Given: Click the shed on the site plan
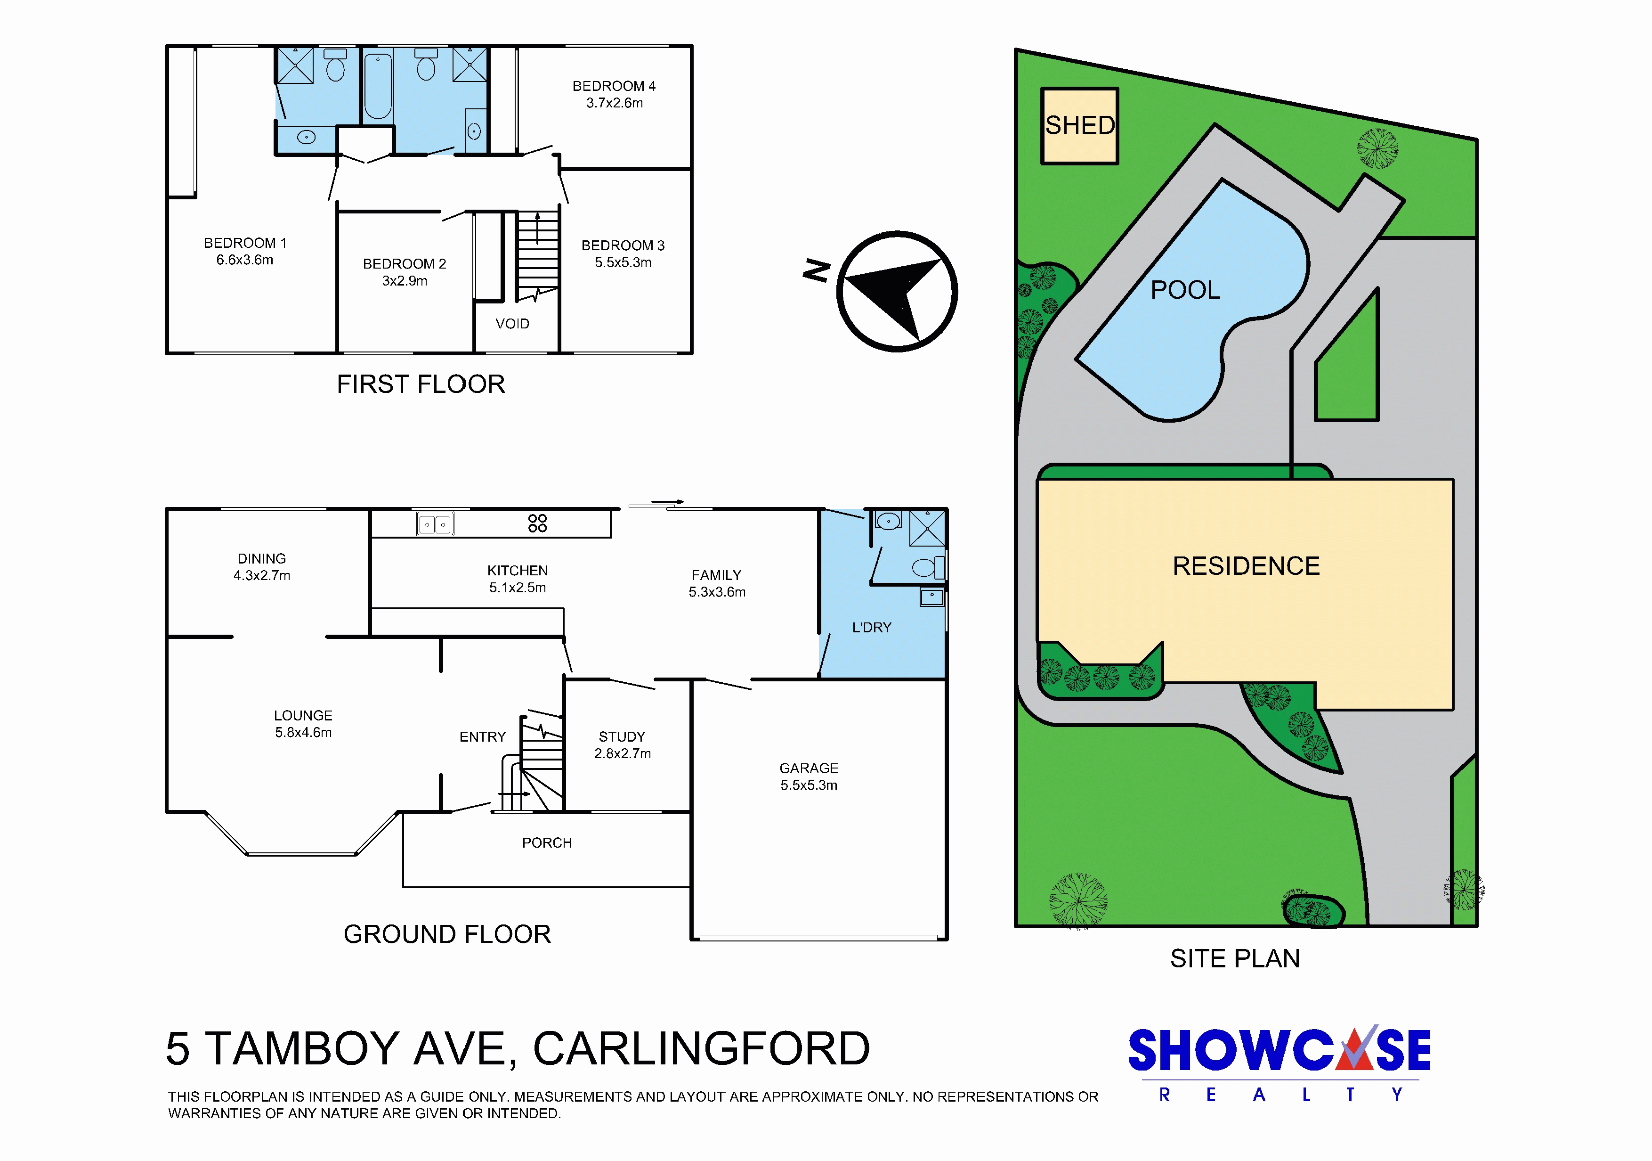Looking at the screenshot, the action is pyautogui.click(x=1079, y=126).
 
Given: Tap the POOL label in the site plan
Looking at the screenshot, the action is pyautogui.click(x=1185, y=290).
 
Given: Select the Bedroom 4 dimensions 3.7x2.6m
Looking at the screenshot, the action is pyautogui.click(x=615, y=103).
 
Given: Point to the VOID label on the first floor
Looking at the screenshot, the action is pyautogui.click(x=512, y=324).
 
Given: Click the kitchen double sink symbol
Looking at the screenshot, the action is pyautogui.click(x=435, y=524).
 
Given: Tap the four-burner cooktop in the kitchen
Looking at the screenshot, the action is pyautogui.click(x=537, y=523).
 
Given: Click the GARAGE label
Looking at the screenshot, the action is pyautogui.click(x=809, y=768).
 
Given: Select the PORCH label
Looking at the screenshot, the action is pyautogui.click(x=547, y=843).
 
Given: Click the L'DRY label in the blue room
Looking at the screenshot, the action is pyautogui.click(x=871, y=628).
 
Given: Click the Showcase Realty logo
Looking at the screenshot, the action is pyautogui.click(x=1279, y=1064).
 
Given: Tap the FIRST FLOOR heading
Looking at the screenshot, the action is pyautogui.click(x=421, y=384).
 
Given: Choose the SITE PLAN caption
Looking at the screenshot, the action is pyautogui.click(x=1235, y=959).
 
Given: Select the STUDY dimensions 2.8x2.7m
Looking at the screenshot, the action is pyautogui.click(x=623, y=753).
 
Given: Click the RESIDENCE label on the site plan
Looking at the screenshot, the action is pyautogui.click(x=1246, y=566).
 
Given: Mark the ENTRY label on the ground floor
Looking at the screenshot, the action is pyautogui.click(x=482, y=737).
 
